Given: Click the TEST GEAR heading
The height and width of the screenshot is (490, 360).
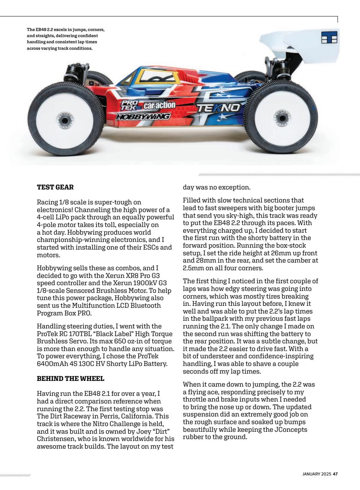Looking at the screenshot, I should point(55,188).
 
